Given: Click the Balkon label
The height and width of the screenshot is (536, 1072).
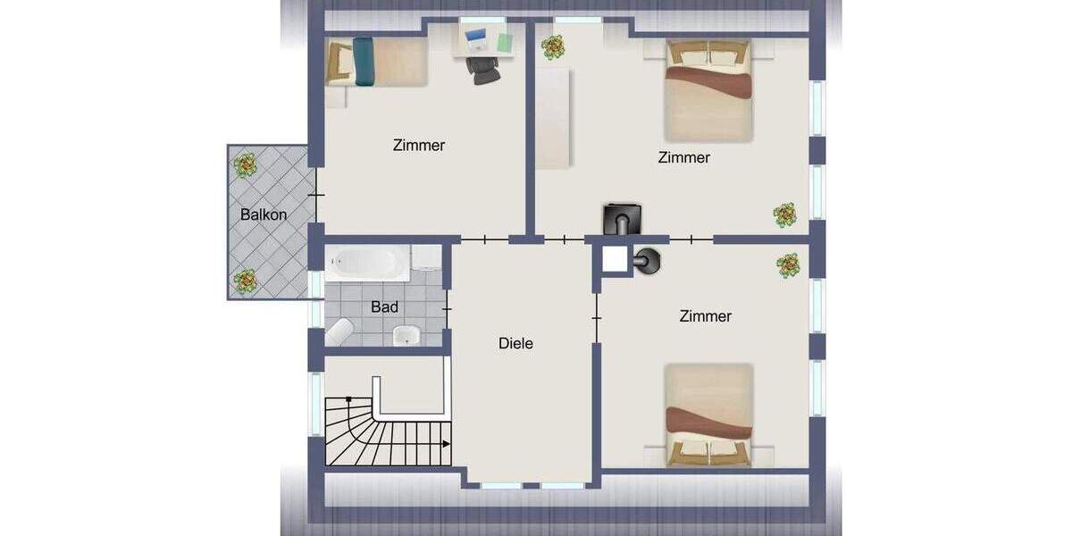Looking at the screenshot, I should point(264,214).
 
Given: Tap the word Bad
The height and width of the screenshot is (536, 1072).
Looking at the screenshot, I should point(384,307).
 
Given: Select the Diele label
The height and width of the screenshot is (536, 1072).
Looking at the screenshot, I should point(515,343).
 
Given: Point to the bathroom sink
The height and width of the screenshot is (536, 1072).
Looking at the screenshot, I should point(406,335).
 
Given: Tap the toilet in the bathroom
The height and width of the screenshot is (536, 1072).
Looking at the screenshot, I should point(339,332).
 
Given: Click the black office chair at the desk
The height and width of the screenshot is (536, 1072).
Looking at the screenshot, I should point(483,68).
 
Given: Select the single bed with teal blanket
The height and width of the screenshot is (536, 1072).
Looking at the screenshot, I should point(376,62).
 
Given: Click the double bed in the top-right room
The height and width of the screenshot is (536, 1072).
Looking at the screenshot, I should point(708,90).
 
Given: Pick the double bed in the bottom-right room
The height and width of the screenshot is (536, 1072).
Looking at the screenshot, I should point(708,415).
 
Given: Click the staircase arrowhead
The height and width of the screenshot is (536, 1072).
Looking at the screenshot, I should point(446,442).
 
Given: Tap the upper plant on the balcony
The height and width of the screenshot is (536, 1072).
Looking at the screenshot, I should point(245,164).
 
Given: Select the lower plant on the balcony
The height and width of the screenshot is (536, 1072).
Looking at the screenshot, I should point(245,281).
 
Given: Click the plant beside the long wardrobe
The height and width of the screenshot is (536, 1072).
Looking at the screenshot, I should point(552,46).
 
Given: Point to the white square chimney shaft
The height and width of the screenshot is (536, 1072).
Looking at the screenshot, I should point(615,260).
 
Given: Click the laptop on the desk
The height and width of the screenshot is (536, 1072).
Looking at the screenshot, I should point(475,38).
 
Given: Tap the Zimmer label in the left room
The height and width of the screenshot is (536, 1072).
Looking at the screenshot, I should point(418,145).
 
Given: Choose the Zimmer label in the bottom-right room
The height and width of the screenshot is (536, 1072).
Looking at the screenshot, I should point(705,316).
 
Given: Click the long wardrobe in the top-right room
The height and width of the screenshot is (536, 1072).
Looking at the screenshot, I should point(553,116).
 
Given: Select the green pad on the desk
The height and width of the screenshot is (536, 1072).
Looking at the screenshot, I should point(505,41).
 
